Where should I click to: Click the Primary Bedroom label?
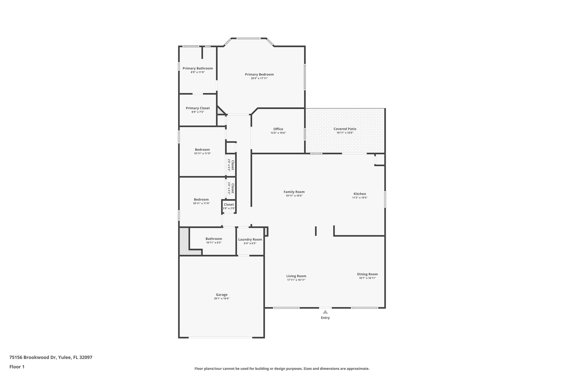click(x=259, y=74)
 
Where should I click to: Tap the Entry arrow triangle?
click(x=325, y=312)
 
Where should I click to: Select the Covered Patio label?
click(x=345, y=129)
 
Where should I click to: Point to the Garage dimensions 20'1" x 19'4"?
click(x=221, y=299)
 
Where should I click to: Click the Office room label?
click(x=278, y=129)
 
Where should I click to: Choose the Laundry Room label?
click(x=250, y=239)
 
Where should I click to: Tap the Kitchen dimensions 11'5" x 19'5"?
click(x=360, y=198)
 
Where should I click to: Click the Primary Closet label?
click(x=197, y=108)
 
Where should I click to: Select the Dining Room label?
click(x=367, y=274)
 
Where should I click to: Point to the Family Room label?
click(x=294, y=192)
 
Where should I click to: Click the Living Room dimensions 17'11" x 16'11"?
click(x=296, y=280)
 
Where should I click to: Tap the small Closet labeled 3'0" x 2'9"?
click(x=229, y=205)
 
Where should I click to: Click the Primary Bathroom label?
click(x=197, y=68)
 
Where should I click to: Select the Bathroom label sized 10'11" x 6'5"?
click(x=213, y=239)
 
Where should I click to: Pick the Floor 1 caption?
click(x=17, y=367)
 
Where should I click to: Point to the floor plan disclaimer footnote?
click(x=282, y=369)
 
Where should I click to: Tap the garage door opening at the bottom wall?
click(x=220, y=337)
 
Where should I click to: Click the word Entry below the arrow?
click(x=325, y=318)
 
